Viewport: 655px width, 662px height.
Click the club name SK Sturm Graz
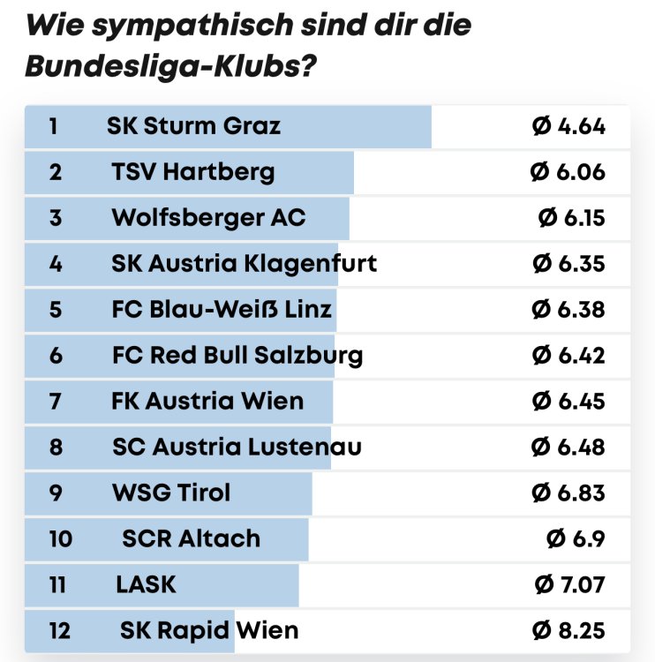[193, 126]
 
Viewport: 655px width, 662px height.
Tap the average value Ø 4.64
[568, 126]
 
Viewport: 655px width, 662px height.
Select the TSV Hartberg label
[193, 172]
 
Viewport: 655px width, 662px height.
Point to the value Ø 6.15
[572, 218]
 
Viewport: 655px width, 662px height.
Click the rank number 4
[56, 264]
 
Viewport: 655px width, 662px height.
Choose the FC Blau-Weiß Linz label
[222, 310]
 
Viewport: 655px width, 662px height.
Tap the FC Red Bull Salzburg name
[237, 356]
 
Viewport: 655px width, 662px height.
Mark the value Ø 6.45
[568, 402]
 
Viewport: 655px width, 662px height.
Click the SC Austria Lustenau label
[237, 448]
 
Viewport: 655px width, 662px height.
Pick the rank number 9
[56, 493]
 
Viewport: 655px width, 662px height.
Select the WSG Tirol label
[171, 493]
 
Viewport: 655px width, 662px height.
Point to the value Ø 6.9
[576, 539]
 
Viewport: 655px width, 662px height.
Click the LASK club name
[146, 584]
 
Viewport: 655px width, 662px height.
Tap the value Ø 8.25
[568, 631]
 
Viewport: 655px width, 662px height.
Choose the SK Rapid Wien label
[209, 631]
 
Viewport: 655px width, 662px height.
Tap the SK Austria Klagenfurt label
[245, 264]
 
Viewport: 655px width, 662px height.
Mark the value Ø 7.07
[570, 584]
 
